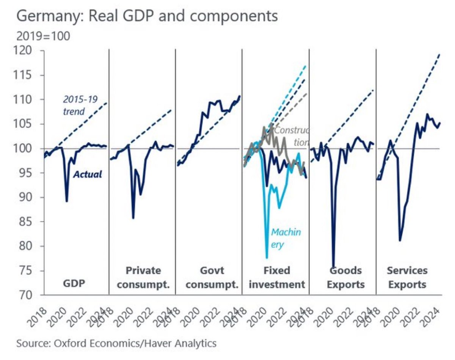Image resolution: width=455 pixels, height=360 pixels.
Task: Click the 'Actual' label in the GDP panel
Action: click(x=87, y=174)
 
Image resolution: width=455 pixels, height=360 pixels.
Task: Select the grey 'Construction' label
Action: click(x=291, y=136)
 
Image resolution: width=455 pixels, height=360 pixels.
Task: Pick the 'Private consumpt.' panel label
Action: click(x=143, y=277)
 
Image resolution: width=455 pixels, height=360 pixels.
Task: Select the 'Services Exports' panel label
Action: click(x=407, y=277)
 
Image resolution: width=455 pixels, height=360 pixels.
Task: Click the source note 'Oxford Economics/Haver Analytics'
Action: click(x=116, y=344)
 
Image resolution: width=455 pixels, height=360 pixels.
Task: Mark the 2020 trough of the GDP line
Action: click(x=67, y=201)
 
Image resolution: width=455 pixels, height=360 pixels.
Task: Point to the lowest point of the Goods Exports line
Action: click(x=333, y=267)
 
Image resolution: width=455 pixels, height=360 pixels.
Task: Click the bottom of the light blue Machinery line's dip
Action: click(x=267, y=258)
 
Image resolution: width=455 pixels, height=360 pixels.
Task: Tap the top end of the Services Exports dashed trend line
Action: click(x=440, y=54)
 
